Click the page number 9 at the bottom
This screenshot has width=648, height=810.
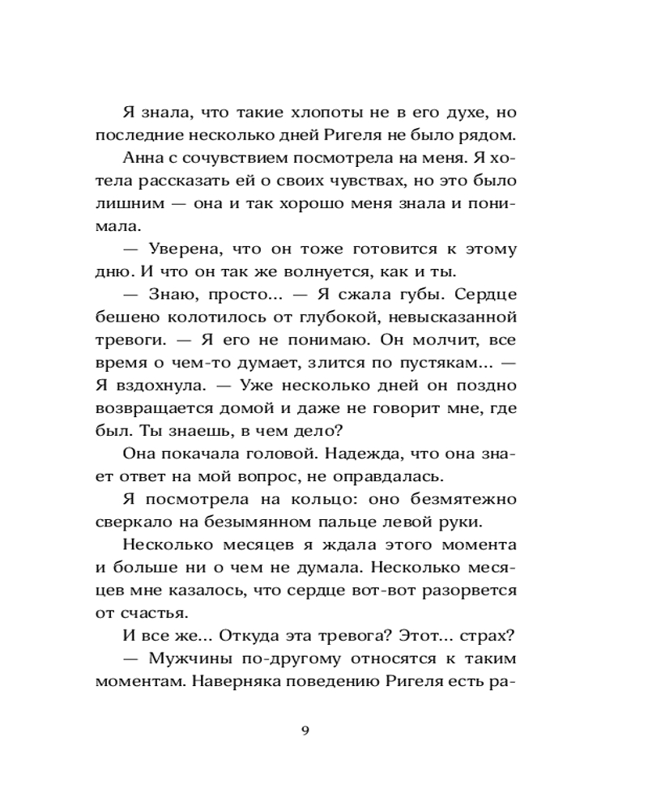point(305,731)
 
